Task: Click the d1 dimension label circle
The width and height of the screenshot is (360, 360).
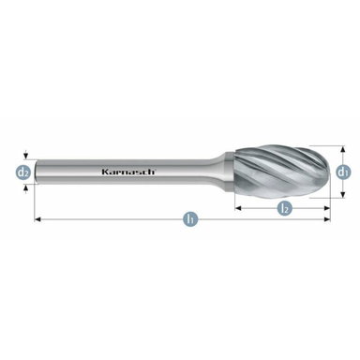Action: [x=343, y=172]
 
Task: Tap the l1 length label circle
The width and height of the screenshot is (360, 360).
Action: [x=190, y=218]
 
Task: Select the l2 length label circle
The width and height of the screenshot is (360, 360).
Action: [x=284, y=208]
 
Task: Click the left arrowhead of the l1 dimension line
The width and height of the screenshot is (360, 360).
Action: [x=37, y=218]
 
